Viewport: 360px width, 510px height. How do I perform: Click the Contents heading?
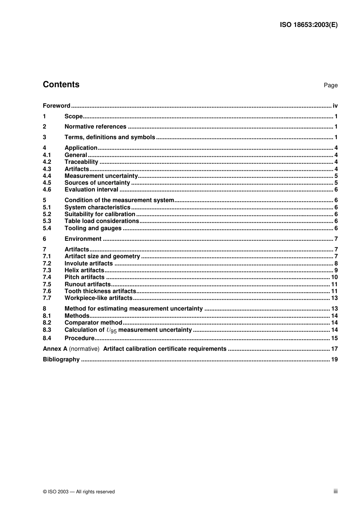click(x=61, y=85)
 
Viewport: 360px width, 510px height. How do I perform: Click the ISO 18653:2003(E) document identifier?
click(x=308, y=25)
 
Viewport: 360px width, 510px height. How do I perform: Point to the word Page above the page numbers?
click(x=330, y=85)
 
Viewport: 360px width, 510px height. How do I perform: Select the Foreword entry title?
click(x=56, y=106)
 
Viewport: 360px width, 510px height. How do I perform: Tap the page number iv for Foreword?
click(x=335, y=106)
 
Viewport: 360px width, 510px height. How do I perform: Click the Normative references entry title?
click(x=95, y=127)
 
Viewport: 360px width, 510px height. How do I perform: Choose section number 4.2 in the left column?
click(x=47, y=162)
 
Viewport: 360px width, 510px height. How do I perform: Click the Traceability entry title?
click(x=81, y=162)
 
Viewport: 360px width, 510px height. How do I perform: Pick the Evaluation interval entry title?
click(x=91, y=190)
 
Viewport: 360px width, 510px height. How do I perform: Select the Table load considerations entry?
click(x=102, y=221)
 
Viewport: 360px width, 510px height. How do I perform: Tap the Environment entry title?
click(x=83, y=239)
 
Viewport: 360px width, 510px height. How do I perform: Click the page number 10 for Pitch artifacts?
click(x=334, y=277)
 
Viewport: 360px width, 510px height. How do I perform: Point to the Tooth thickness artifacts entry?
click(x=100, y=291)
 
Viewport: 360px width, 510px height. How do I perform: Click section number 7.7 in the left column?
click(x=47, y=298)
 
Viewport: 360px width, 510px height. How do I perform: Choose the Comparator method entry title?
click(x=93, y=323)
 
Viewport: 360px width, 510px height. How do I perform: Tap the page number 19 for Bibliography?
click(x=334, y=359)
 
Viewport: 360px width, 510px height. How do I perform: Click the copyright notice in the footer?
click(x=79, y=492)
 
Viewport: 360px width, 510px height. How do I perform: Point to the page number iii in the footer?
click(x=335, y=491)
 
